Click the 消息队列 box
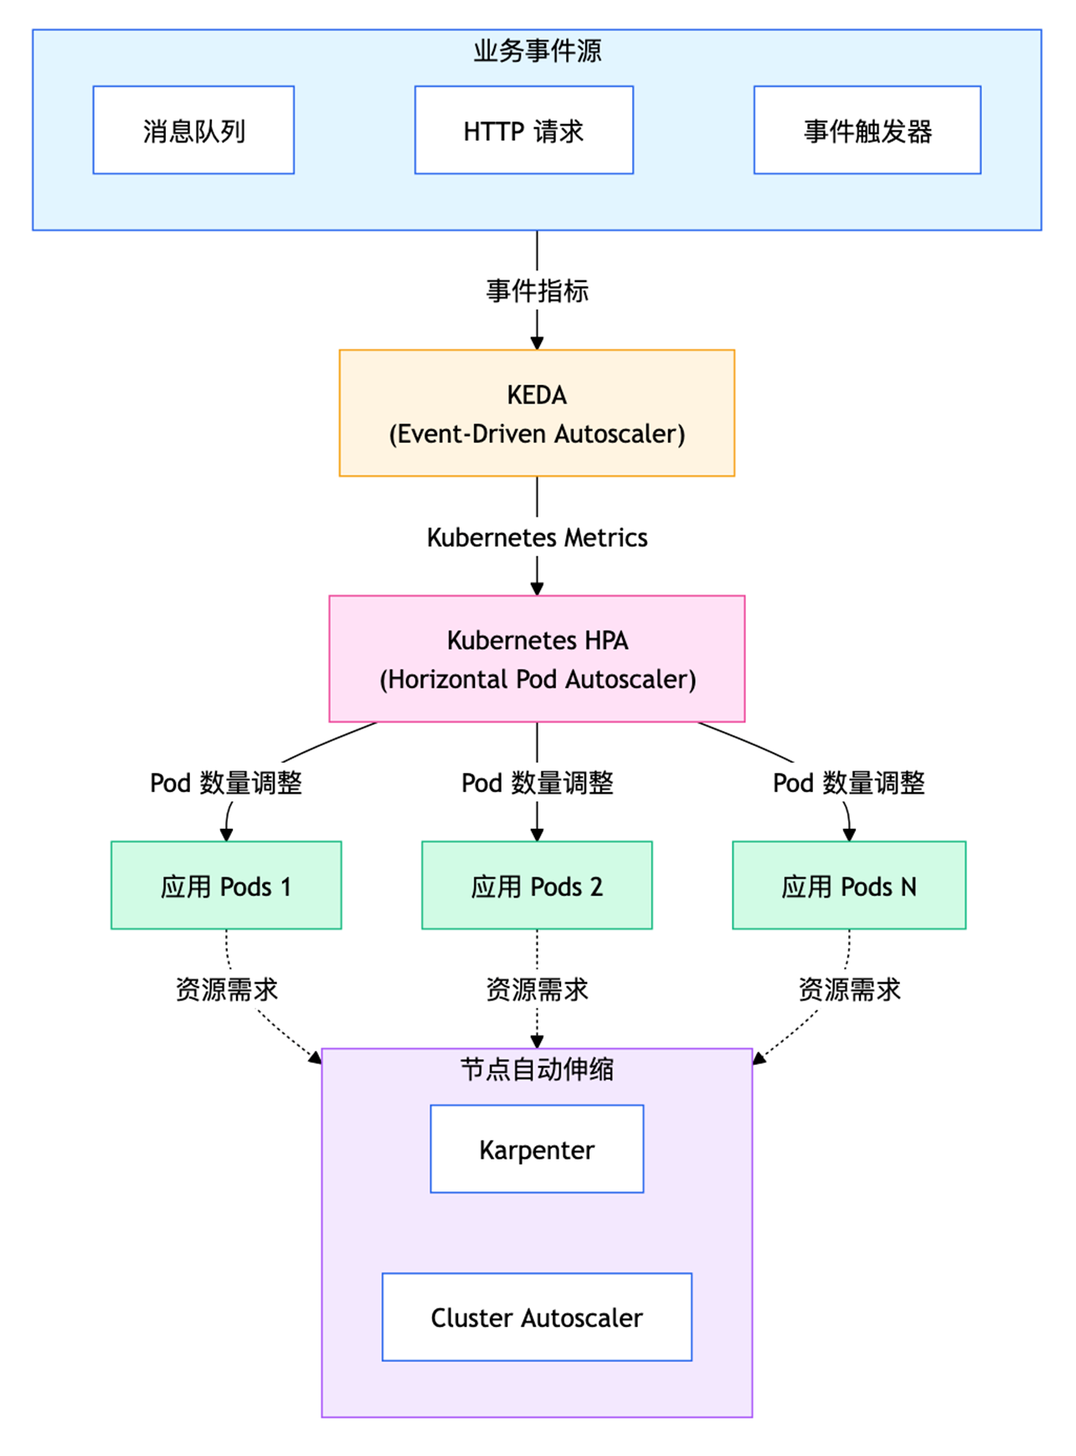pos(193,130)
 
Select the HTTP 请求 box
pos(523,130)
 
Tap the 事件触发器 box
pos(867,130)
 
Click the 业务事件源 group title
pos(537,51)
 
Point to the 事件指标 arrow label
pos(537,291)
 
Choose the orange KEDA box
pos(537,413)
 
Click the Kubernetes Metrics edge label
pos(537,537)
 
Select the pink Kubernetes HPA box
pos(537,659)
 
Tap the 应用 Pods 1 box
pos(226,885)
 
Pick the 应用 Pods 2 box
pos(537,885)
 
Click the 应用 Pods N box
pos(849,885)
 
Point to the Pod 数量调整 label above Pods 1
pos(226,783)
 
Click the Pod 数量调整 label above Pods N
pos(848,783)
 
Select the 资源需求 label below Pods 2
pos(537,989)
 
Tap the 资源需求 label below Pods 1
pos(226,989)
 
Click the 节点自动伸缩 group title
pos(537,1069)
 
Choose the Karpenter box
pos(537,1149)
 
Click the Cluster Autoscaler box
pos(537,1317)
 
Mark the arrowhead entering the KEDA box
pos(537,343)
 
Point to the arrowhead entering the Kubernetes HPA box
pos(537,589)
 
